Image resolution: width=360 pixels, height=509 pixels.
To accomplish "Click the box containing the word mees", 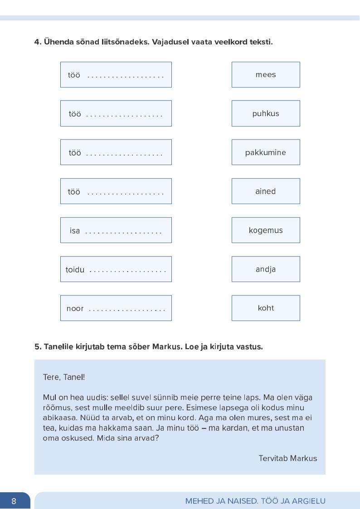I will pyautogui.click(x=266, y=75).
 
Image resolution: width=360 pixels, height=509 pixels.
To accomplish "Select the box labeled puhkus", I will pyautogui.click(x=266, y=114).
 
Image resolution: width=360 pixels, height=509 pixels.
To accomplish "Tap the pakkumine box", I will pyautogui.click(x=266, y=153).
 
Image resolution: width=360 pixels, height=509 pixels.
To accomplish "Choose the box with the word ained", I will pyautogui.click(x=266, y=191).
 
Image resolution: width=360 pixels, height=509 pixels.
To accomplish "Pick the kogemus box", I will pyautogui.click(x=266, y=230).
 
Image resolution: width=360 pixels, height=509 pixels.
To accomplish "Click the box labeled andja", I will pyautogui.click(x=266, y=269).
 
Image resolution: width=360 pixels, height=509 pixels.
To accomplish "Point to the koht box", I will pyautogui.click(x=266, y=308).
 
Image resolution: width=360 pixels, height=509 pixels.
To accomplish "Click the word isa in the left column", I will pyautogui.click(x=75, y=231).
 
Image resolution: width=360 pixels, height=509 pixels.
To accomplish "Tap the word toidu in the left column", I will pyautogui.click(x=75, y=270).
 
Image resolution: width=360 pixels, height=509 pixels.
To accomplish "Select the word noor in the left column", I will pyautogui.click(x=75, y=309).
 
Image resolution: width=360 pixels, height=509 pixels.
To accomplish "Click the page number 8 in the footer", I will pyautogui.click(x=14, y=501).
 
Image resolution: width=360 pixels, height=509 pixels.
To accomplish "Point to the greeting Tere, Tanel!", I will pyautogui.click(x=63, y=377).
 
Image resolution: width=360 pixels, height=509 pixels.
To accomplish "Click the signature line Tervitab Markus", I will pyautogui.click(x=288, y=458).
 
